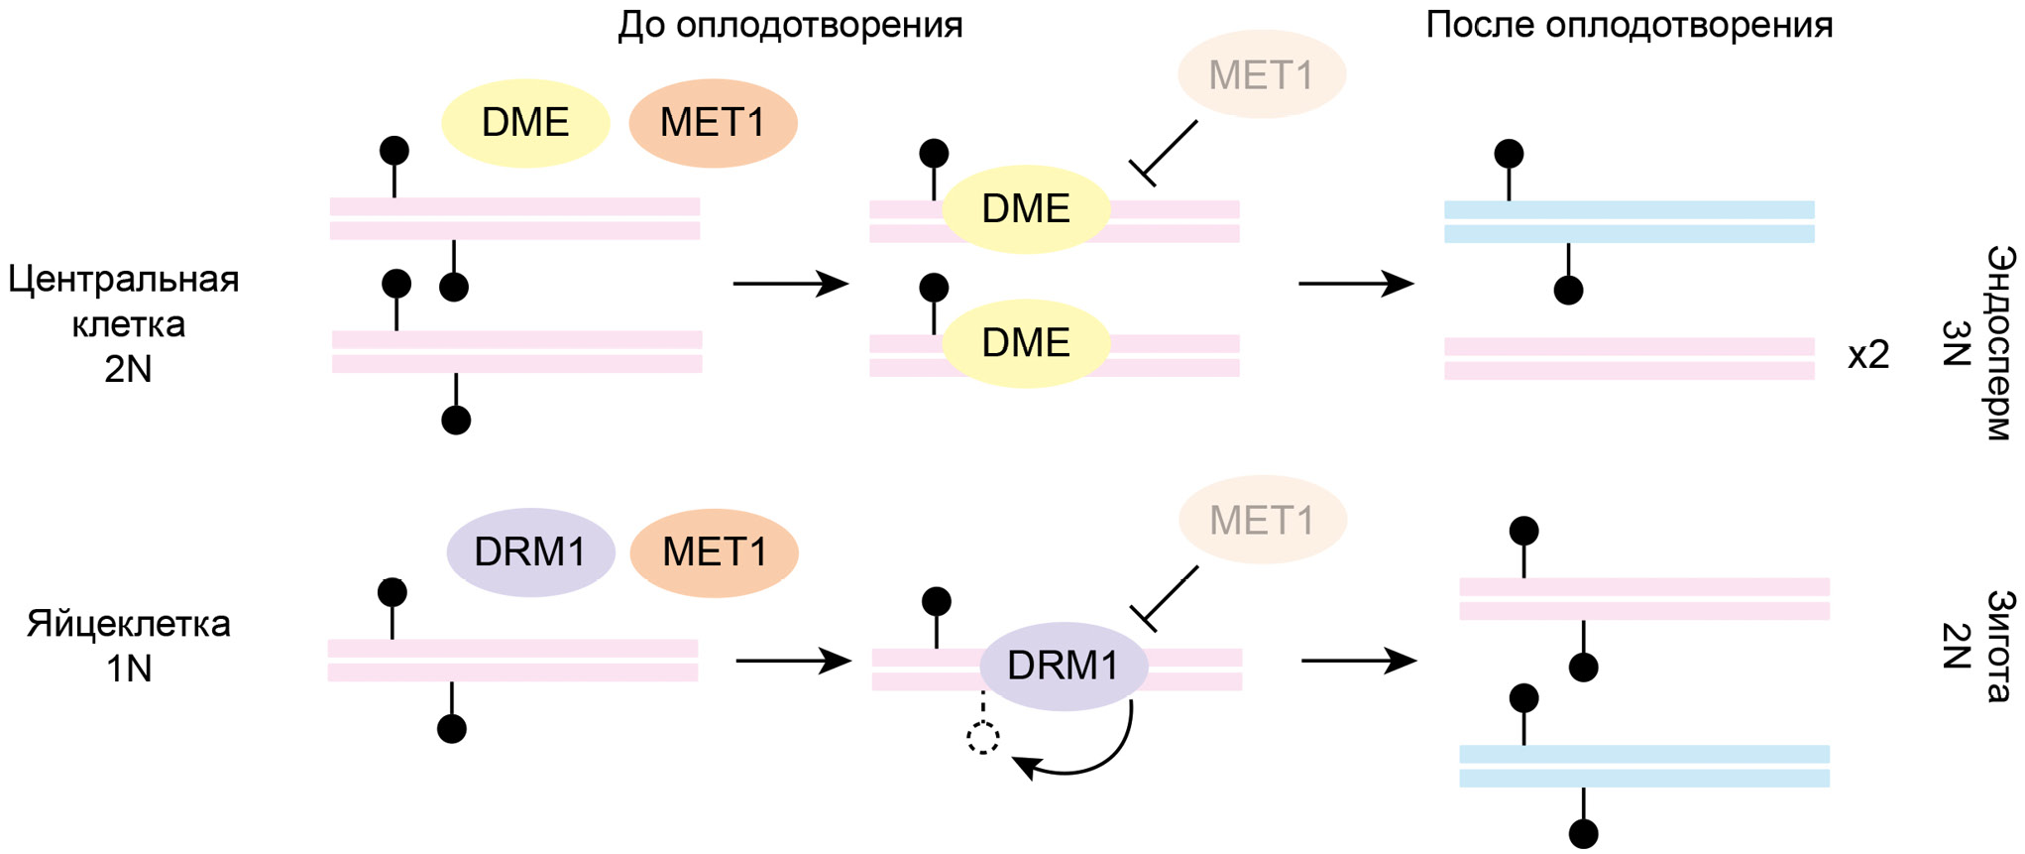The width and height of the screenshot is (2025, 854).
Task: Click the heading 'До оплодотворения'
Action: point(790,25)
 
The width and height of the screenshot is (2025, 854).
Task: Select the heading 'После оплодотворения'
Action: point(1629,25)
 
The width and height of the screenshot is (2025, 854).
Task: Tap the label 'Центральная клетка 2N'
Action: point(125,323)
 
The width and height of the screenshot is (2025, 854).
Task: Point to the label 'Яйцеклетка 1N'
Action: point(129,646)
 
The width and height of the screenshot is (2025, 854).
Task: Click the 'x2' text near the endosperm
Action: point(1868,355)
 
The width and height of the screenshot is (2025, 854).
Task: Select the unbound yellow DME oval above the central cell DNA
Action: point(524,123)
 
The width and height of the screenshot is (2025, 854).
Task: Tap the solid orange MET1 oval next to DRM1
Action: point(714,552)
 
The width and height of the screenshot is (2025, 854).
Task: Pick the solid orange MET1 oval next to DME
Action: point(713,123)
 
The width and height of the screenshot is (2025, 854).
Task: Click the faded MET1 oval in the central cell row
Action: point(1261,75)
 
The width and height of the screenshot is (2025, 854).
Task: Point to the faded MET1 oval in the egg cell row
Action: point(1262,520)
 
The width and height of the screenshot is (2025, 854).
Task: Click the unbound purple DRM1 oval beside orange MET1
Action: point(530,552)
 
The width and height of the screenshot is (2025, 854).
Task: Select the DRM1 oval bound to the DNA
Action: point(1063,666)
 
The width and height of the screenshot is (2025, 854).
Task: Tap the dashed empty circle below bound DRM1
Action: point(982,738)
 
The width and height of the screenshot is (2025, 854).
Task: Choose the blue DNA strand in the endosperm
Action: point(1629,222)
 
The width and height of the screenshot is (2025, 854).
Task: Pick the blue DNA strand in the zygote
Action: point(1643,766)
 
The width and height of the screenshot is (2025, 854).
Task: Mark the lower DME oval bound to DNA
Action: point(1025,343)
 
